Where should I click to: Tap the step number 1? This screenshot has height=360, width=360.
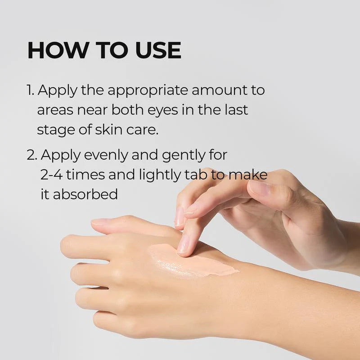click(x=30, y=90)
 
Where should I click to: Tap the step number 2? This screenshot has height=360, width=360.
click(x=31, y=155)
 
